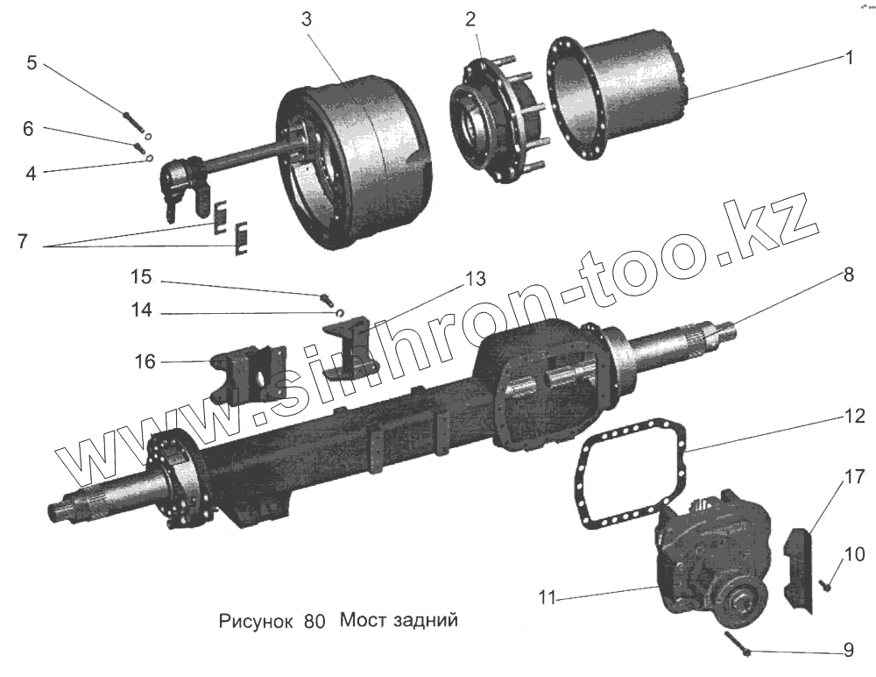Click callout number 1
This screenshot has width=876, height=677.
[x=848, y=58]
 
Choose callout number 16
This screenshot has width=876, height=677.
[x=146, y=361]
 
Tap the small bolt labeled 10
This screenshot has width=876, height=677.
[x=826, y=585]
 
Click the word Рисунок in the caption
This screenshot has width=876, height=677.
[x=256, y=623]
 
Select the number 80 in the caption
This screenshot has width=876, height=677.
[x=314, y=623]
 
